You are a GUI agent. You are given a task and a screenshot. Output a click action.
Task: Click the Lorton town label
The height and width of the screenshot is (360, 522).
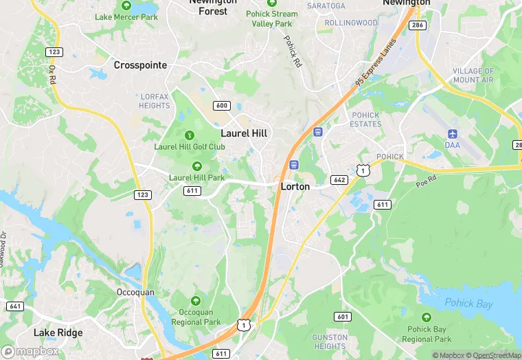(295, 186)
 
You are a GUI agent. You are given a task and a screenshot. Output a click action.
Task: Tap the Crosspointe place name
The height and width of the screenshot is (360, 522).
(140, 65)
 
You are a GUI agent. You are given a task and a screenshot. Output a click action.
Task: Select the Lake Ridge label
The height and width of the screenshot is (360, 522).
(58, 333)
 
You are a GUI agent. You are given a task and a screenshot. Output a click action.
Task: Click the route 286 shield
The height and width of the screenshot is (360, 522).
(417, 25)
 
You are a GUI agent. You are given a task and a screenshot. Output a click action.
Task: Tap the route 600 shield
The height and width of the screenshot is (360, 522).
(221, 106)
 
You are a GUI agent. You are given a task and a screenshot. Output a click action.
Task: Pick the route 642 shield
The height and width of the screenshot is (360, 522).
(339, 180)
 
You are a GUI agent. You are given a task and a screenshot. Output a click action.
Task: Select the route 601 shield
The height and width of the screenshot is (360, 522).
(342, 317)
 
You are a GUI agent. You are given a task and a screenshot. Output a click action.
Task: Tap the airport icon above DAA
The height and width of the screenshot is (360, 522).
(452, 133)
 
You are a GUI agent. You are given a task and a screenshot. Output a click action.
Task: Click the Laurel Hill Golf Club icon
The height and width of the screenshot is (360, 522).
(190, 135)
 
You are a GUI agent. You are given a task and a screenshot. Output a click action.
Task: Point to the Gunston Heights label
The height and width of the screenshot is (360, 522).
(329, 341)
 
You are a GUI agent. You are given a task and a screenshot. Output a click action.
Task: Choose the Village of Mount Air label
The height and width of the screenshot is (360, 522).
(473, 76)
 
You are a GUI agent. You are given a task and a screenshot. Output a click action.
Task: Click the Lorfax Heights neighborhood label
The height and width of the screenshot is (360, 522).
(155, 101)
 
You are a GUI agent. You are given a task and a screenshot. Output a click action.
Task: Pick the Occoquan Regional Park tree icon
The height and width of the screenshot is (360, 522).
(196, 301)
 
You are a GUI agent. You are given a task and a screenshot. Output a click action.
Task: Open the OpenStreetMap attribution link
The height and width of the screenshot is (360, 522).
(494, 355)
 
